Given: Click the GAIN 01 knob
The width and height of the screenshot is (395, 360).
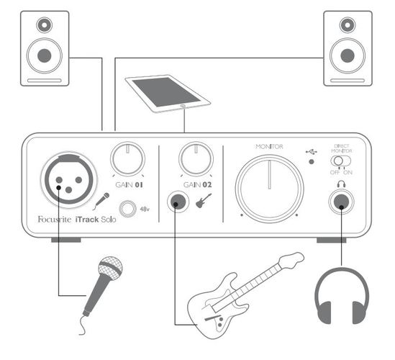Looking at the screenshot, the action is [x=128, y=159].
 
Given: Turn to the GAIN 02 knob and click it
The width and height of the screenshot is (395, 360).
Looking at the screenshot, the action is [x=196, y=159].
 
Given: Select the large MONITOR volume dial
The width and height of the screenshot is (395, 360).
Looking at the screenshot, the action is [x=269, y=189].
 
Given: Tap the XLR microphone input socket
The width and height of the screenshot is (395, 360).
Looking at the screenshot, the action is [x=68, y=180].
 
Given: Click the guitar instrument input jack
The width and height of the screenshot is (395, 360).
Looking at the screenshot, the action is [x=178, y=202].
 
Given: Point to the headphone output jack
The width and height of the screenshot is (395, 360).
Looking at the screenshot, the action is [x=341, y=202].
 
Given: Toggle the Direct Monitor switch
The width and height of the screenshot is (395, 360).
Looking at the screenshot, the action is [x=340, y=161].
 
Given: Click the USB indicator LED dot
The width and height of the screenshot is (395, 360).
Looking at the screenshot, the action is [x=312, y=161].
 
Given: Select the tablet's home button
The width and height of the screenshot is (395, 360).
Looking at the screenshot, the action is [x=183, y=106].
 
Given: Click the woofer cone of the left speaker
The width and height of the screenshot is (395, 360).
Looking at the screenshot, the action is [x=45, y=55].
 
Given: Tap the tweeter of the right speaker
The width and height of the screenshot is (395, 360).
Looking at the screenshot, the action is [x=348, y=25].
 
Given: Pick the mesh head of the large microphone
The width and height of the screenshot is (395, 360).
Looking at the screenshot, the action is [x=110, y=268].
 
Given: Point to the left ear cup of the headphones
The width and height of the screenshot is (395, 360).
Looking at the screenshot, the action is [x=325, y=312].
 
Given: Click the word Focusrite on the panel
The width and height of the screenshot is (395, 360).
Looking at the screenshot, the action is [x=55, y=220].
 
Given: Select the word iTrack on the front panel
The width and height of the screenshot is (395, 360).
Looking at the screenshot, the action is [x=87, y=220].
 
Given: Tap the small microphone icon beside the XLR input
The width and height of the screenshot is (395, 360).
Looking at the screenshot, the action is [x=101, y=201].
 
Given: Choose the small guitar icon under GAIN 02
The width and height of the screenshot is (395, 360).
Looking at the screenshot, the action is [x=204, y=201].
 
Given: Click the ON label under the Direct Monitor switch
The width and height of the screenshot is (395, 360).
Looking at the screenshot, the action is [x=348, y=172].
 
